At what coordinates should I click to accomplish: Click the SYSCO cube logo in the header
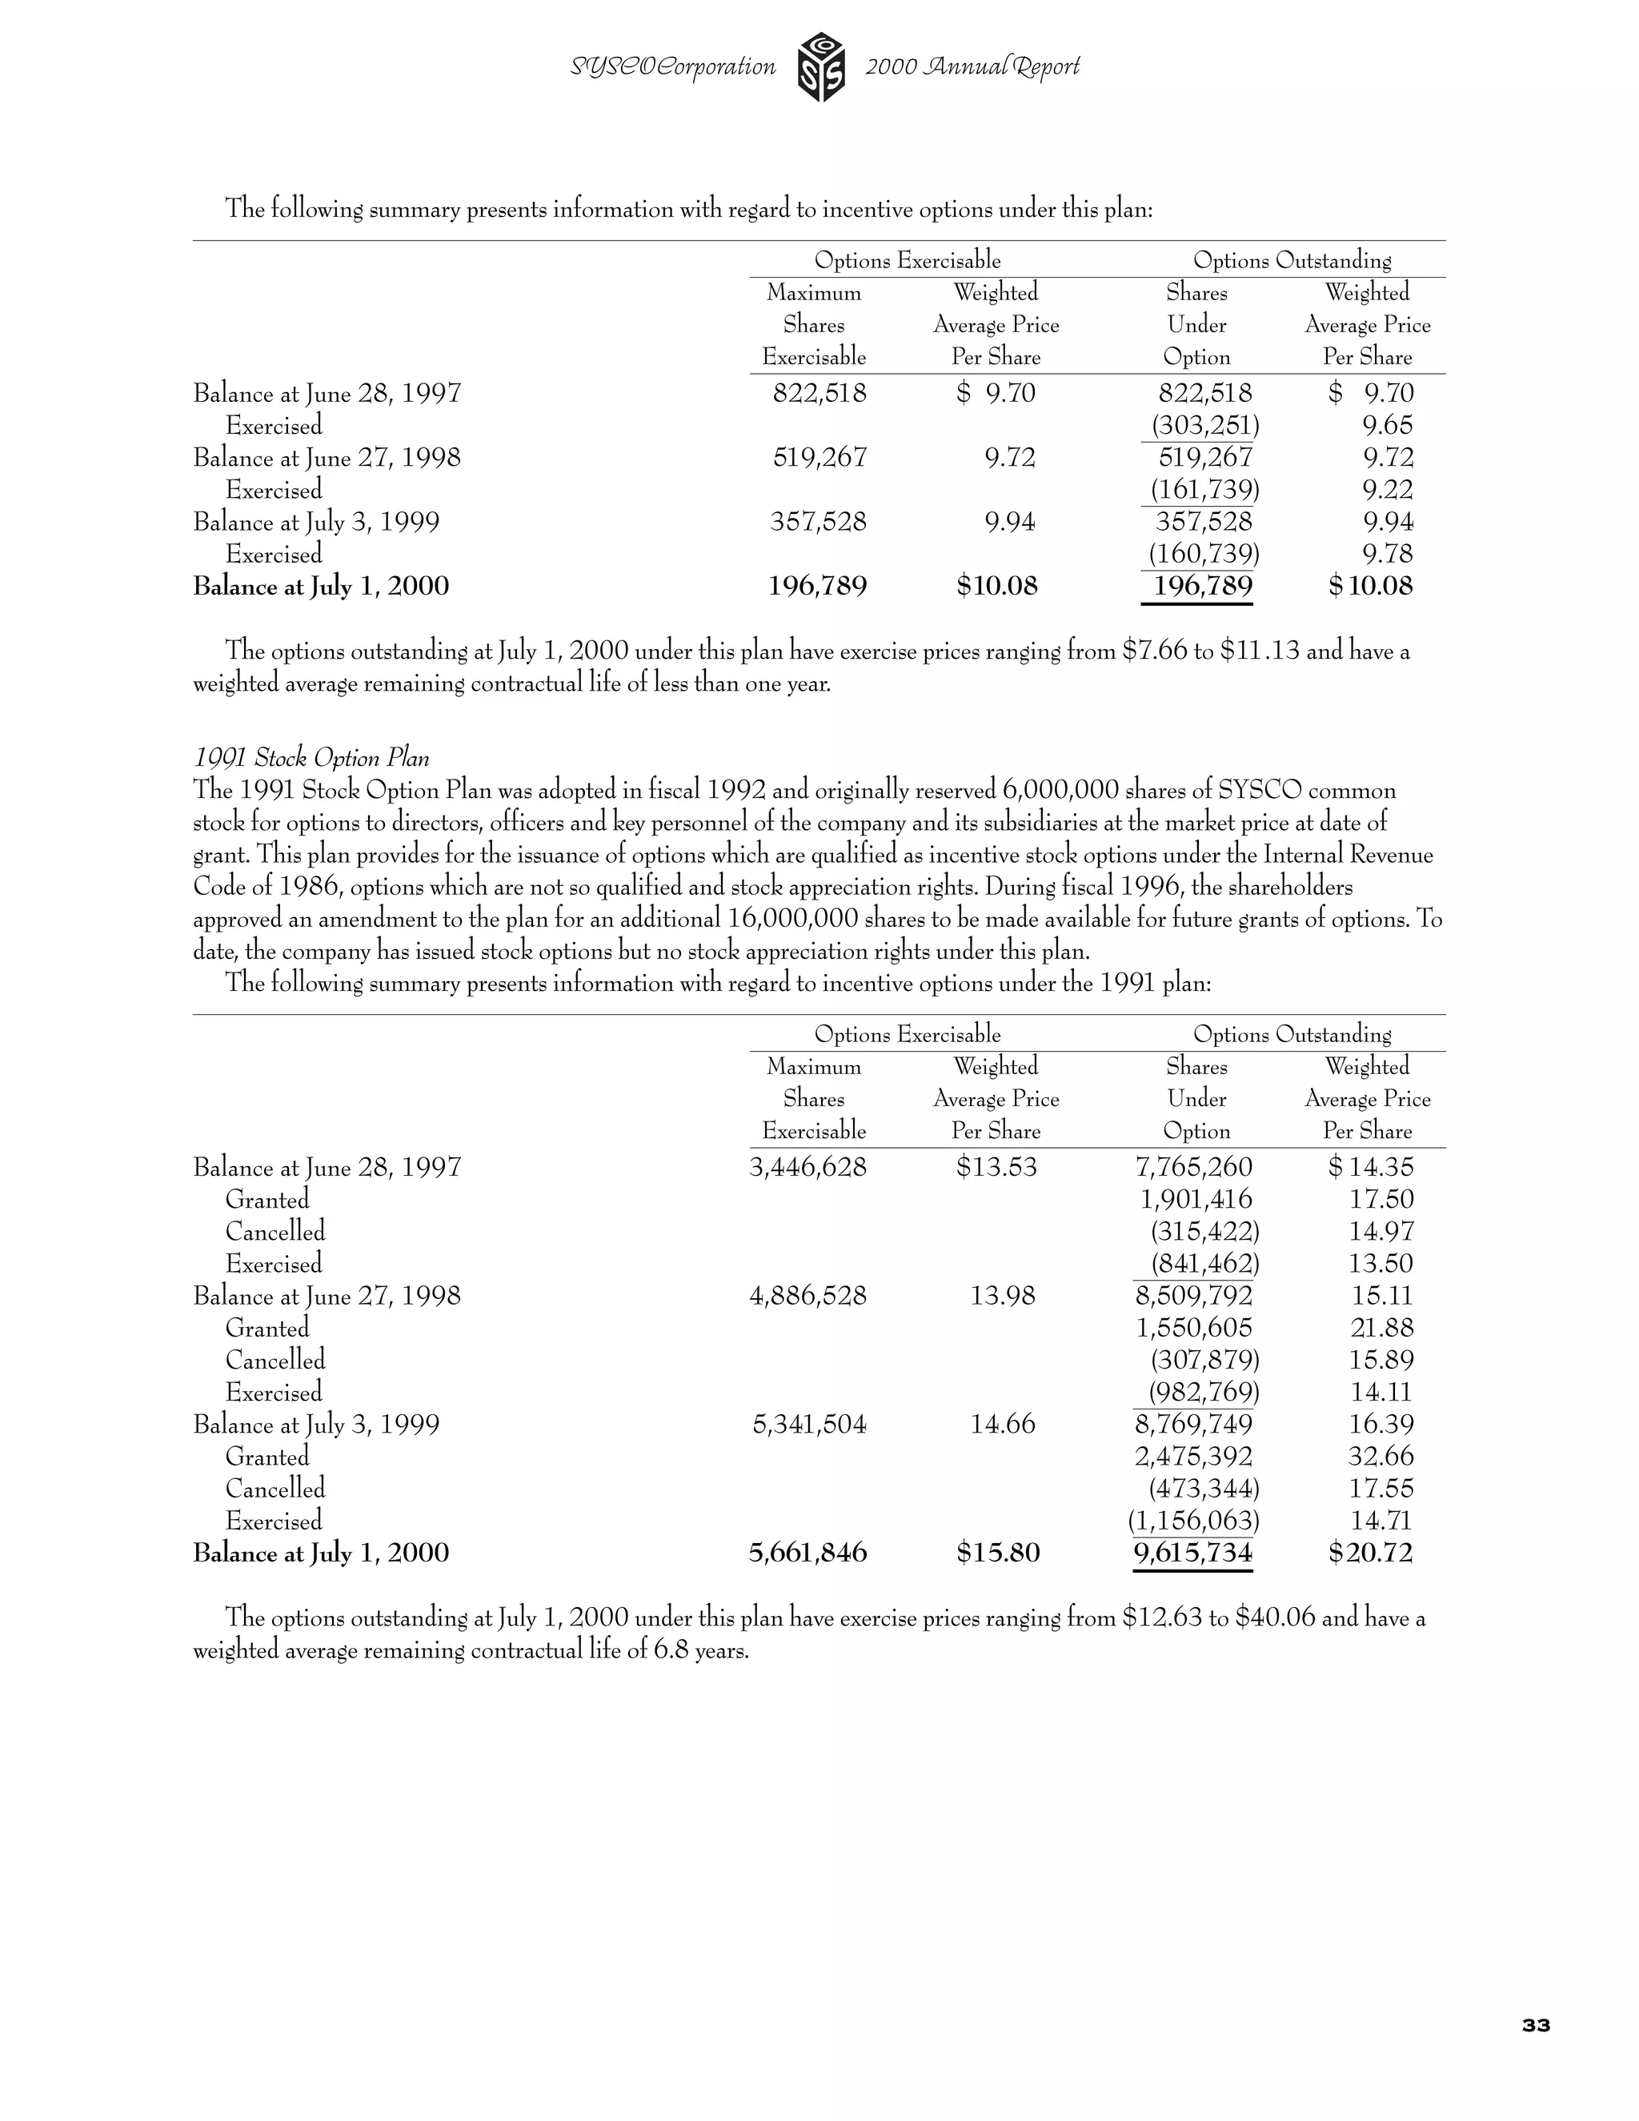820,67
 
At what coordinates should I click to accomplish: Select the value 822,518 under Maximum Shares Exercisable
819,393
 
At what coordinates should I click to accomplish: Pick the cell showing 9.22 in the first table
1387,490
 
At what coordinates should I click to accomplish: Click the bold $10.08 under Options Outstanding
1370,587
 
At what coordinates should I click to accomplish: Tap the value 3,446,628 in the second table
807,1167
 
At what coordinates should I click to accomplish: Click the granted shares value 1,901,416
1196,1200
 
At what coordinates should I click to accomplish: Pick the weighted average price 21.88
1381,1329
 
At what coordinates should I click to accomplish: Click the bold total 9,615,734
1192,1553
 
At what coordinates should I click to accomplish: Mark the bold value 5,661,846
807,1553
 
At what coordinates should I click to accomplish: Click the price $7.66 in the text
1153,651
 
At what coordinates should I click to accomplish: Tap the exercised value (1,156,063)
1193,1521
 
